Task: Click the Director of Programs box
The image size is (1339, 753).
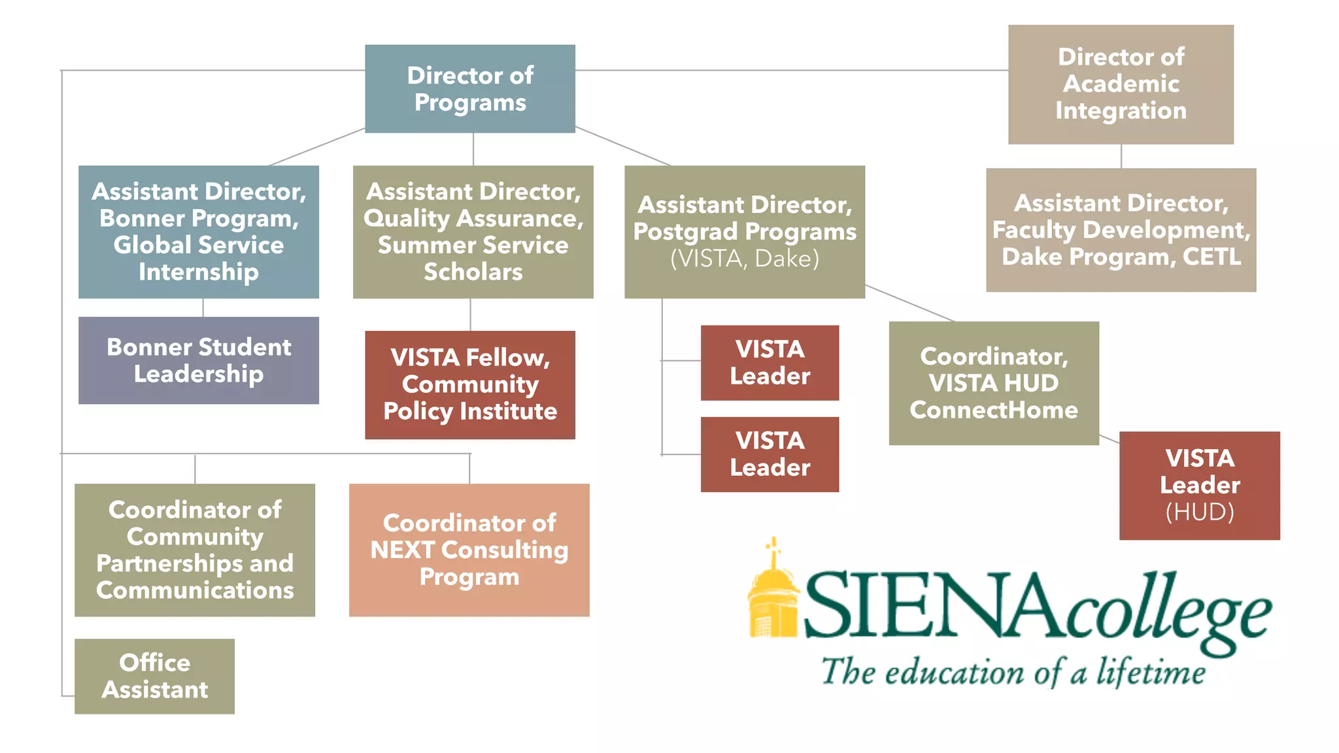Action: click(x=470, y=89)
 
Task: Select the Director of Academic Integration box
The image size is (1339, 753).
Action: click(x=1121, y=84)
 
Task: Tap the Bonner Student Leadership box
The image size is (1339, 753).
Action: click(x=199, y=360)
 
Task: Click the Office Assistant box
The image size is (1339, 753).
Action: click(x=154, y=676)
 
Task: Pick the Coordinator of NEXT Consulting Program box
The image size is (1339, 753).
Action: click(x=469, y=550)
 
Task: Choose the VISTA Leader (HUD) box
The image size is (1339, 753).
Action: click(x=1199, y=485)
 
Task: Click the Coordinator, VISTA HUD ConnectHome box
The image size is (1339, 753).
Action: click(x=993, y=383)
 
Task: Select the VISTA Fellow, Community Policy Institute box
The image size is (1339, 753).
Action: click(x=470, y=384)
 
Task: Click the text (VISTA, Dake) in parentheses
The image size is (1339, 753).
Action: click(x=745, y=259)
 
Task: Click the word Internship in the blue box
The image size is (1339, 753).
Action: click(x=199, y=272)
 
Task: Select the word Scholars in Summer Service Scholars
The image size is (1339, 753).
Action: click(x=473, y=272)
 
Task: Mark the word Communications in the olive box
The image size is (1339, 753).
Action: click(x=195, y=590)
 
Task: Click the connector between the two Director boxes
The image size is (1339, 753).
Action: click(x=791, y=70)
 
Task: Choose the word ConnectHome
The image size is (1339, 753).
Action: click(x=993, y=410)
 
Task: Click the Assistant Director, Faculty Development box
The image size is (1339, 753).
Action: click(x=1121, y=229)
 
